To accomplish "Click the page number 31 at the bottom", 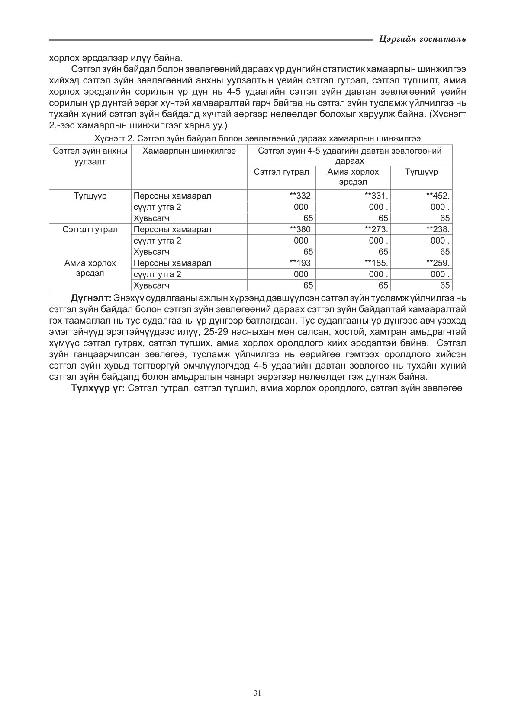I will coord(257,693).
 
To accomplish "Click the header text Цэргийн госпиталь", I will coord(422,39).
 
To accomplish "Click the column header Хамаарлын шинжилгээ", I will coord(189,151).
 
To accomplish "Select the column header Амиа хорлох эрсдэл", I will coord(353,177).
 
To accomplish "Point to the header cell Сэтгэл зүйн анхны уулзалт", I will coord(90,156).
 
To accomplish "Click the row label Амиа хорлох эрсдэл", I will coord(90,268).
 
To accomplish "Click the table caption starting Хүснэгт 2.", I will coord(257,138).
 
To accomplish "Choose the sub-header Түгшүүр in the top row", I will coord(421,172).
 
